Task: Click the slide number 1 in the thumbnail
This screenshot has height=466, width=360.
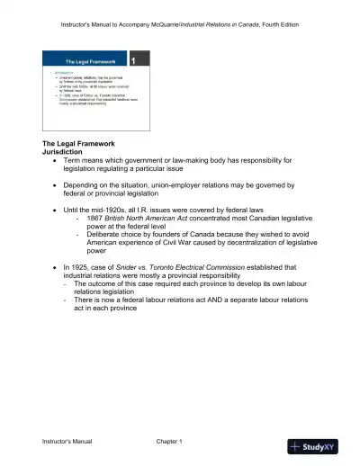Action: click(133, 61)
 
